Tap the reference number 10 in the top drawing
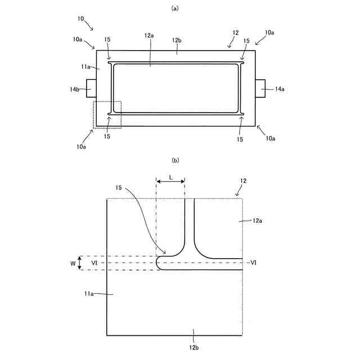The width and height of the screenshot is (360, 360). coord(81,19)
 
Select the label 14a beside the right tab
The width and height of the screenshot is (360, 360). coord(280,89)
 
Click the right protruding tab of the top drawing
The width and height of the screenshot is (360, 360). coord(260,88)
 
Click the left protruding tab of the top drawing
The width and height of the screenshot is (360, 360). coord(91,88)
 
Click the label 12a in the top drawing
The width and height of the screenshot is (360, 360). coord(149,36)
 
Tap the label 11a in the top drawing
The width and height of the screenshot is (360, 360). coord(85,66)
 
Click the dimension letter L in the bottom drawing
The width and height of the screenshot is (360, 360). coord(170,178)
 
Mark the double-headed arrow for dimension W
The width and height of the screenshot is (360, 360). coord(80,263)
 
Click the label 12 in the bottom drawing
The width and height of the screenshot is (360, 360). coord(243,181)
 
